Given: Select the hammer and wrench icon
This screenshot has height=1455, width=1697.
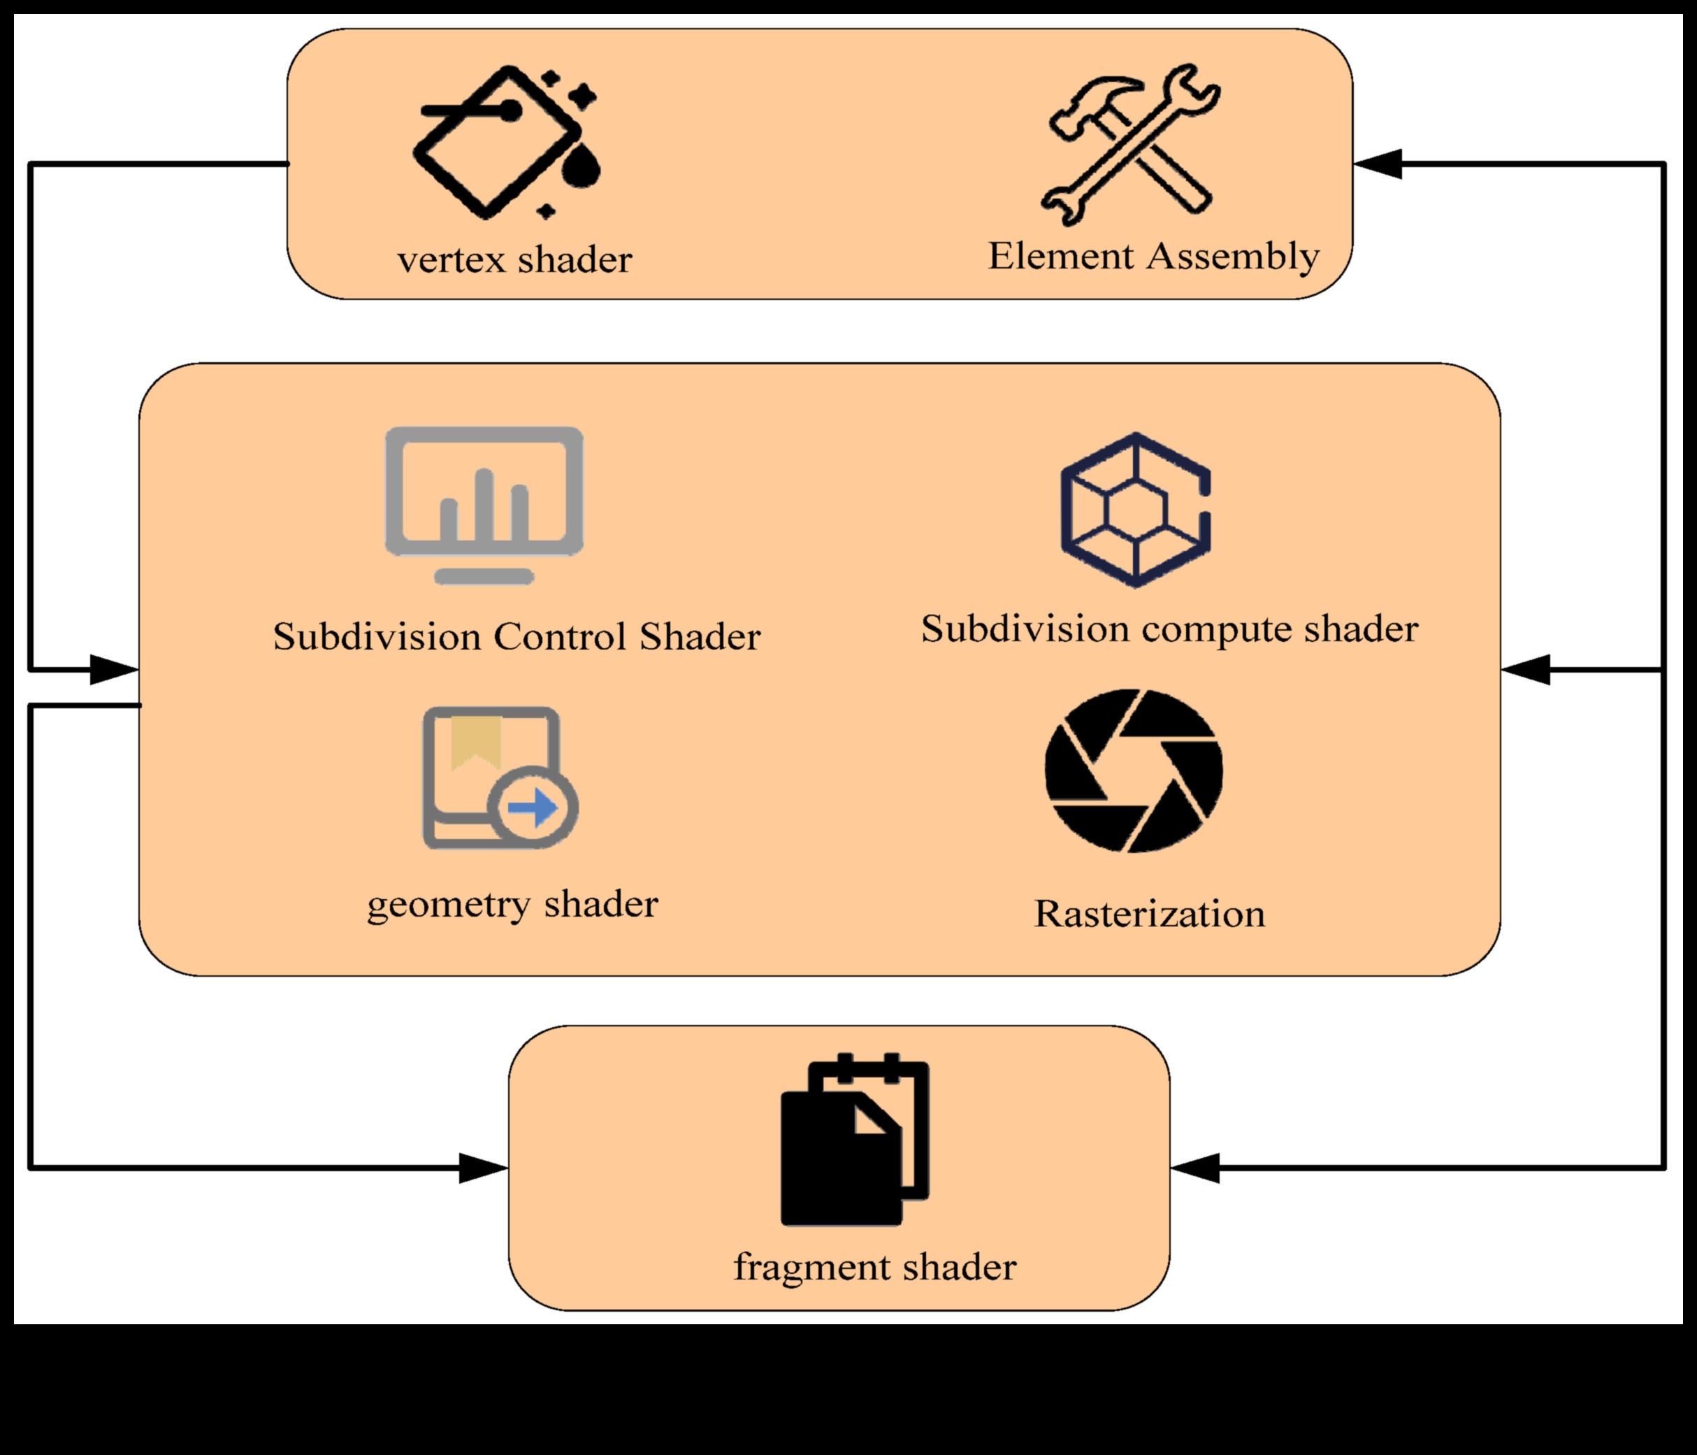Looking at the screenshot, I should pyautogui.click(x=1130, y=144).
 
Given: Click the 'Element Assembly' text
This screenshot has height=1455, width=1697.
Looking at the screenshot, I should pyautogui.click(x=1153, y=257).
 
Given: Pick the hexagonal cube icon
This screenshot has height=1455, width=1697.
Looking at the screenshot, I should pyautogui.click(x=1135, y=510).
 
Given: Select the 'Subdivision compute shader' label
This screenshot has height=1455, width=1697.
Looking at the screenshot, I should pyautogui.click(x=1169, y=629).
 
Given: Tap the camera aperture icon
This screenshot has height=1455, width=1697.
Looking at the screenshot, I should pyautogui.click(x=1134, y=771).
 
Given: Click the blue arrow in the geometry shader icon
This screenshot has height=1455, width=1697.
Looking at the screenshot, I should pyautogui.click(x=533, y=808).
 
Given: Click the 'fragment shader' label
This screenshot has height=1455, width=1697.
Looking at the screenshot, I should pyautogui.click(x=874, y=1268).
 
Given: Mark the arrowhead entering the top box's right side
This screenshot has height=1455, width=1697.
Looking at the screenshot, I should pyautogui.click(x=1378, y=164).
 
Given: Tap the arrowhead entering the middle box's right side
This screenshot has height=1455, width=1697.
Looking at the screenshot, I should pyautogui.click(x=1526, y=669).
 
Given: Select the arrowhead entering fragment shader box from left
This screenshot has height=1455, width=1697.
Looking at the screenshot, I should pyautogui.click(x=483, y=1168).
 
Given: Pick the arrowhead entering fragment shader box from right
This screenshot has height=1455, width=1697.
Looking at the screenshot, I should pyautogui.click(x=1195, y=1168).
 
